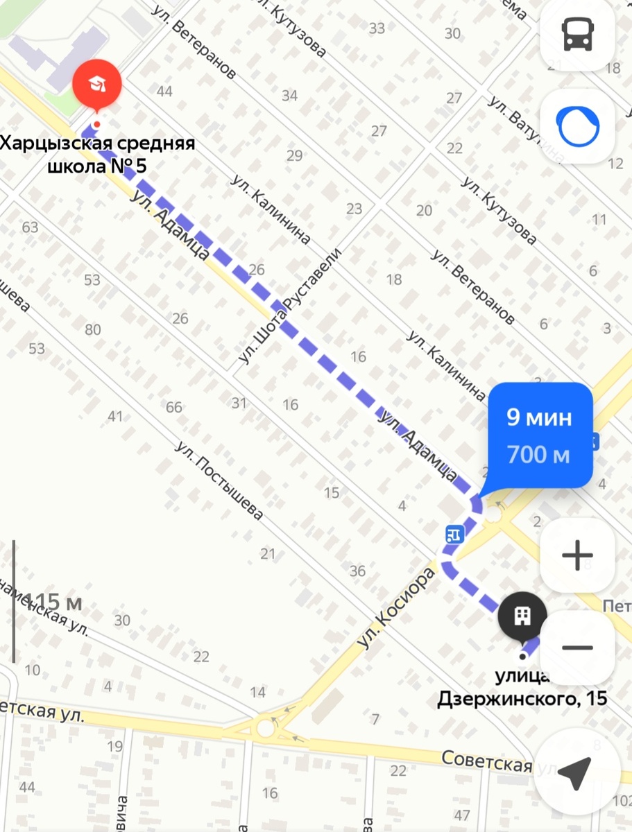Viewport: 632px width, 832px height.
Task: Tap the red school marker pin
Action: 97,85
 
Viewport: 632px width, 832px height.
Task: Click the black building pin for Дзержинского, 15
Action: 522,615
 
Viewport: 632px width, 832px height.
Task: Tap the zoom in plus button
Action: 577,555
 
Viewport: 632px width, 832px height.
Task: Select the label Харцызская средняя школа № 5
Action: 97,155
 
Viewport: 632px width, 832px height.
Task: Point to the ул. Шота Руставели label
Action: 290,306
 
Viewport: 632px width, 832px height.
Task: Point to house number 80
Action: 92,329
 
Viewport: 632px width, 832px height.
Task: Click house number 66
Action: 173,407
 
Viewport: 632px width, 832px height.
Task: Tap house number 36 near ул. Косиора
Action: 357,571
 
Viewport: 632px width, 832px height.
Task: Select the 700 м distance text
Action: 538,455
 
